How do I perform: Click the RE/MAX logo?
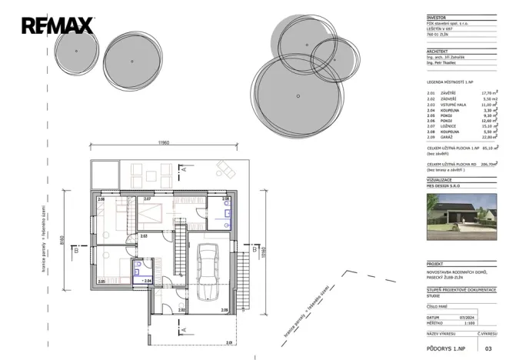[57, 26]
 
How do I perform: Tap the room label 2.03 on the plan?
[144, 236]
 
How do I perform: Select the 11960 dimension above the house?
[164, 143]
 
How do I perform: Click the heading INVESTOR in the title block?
[436, 16]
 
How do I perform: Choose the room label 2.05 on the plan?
[101, 282]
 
